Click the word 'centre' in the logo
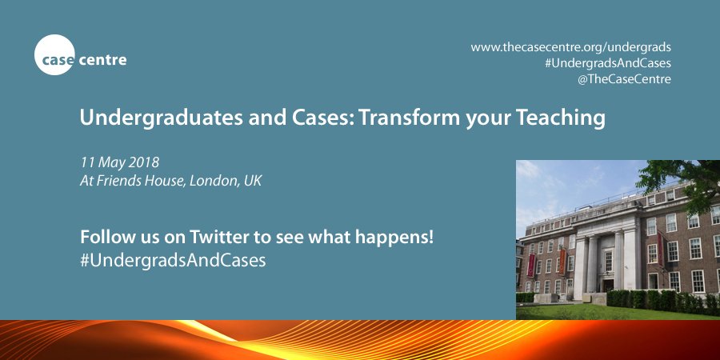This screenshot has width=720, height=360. (x=102, y=59)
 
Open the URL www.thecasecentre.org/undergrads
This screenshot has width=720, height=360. (x=570, y=47)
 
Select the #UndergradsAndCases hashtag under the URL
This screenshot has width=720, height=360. (x=607, y=63)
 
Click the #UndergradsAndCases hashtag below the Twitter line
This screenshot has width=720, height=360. (x=172, y=261)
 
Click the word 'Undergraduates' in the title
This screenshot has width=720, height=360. (x=144, y=118)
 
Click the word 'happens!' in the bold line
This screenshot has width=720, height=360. (x=397, y=238)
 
